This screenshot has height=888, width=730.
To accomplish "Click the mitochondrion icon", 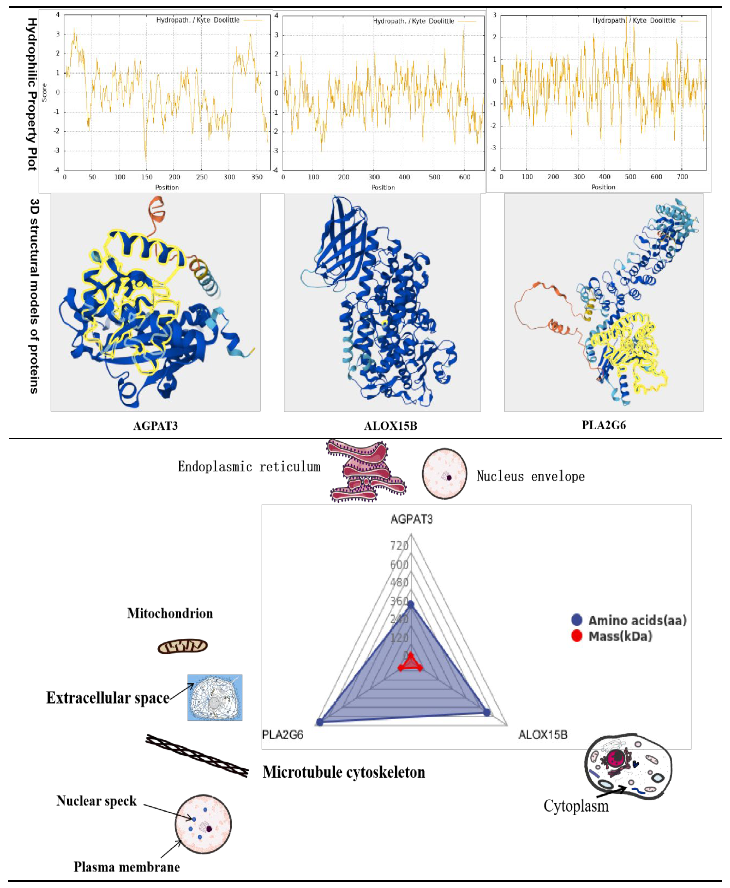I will coord(182,646).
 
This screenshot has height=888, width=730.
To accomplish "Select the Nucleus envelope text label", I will coord(530,476).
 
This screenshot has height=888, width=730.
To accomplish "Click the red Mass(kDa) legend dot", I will coord(577,636).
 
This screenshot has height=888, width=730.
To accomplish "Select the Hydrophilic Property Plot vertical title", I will coord(32,94).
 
